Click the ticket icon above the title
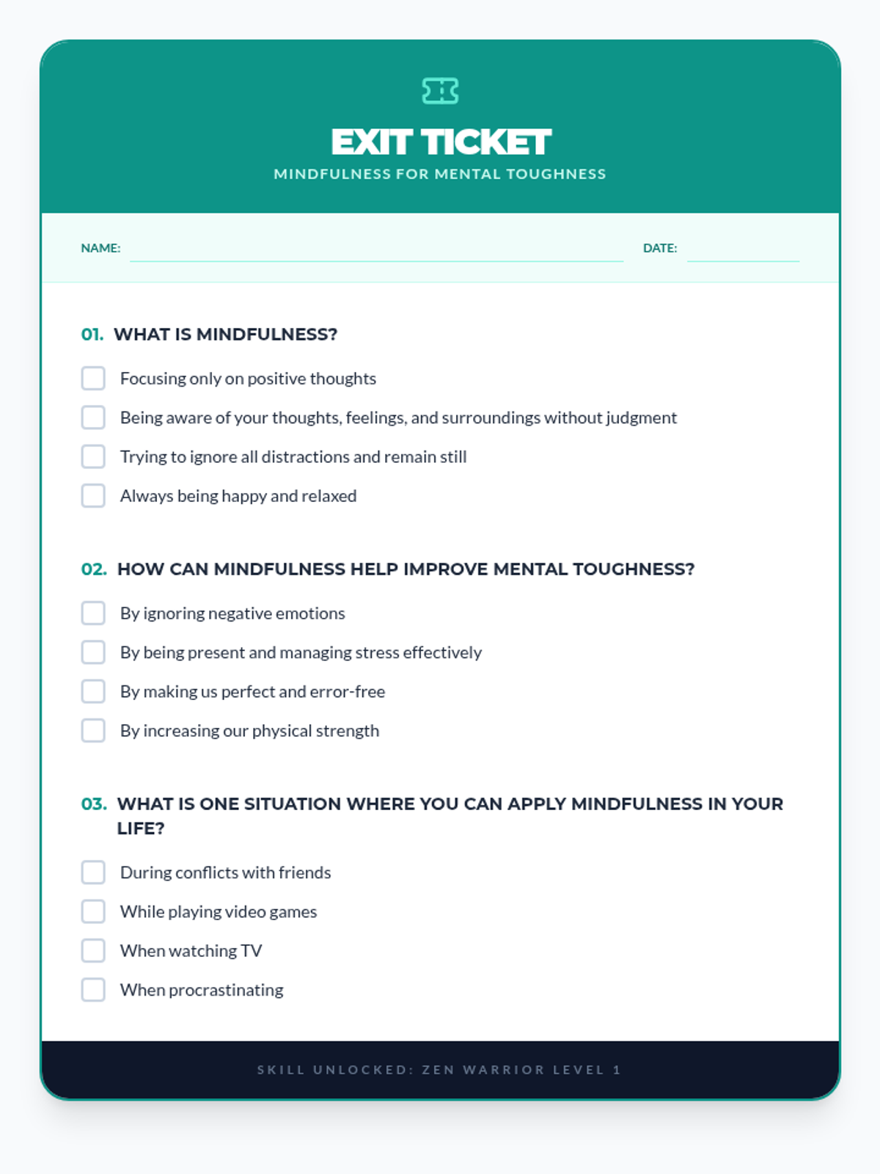(440, 91)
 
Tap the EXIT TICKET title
(440, 142)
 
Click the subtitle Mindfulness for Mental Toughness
(440, 175)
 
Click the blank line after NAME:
(376, 251)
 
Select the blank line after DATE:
(743, 251)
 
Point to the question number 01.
(92, 335)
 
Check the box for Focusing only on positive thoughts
(93, 379)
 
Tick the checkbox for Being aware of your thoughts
(93, 418)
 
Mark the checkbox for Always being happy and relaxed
(93, 496)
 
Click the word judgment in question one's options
(641, 418)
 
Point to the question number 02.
(94, 569)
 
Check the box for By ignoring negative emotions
(93, 613)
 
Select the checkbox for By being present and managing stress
(93, 652)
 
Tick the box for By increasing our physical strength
(93, 731)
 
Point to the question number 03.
(94, 804)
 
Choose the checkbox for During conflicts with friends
(93, 872)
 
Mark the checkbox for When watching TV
(93, 951)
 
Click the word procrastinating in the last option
(226, 991)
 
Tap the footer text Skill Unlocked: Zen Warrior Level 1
(440, 1070)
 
